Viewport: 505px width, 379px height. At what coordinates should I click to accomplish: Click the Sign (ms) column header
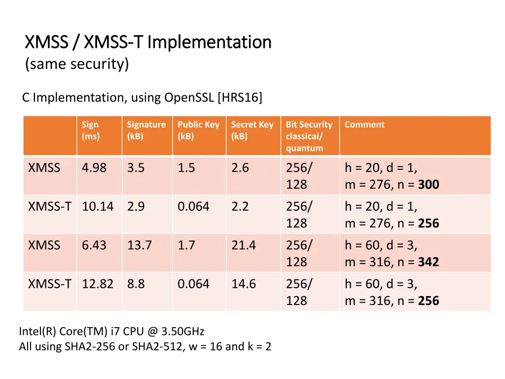tap(90, 130)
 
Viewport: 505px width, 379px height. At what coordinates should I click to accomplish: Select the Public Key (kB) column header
tap(198, 130)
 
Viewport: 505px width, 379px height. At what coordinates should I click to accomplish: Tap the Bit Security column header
tap(309, 136)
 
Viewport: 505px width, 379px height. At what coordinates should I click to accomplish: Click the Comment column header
tap(364, 125)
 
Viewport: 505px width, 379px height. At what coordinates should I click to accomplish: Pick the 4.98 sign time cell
tap(94, 168)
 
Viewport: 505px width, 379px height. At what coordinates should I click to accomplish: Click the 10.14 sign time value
tap(98, 206)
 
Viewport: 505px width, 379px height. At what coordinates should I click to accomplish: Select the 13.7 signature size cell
tap(140, 245)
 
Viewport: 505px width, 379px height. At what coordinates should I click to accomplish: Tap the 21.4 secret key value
tap(244, 245)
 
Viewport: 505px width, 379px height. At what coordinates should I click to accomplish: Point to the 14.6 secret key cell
tap(244, 284)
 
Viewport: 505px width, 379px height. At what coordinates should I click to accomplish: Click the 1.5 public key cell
tap(186, 168)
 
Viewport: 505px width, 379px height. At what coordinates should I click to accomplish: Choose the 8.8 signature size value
tap(136, 284)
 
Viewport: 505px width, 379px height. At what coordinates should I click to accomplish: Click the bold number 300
tap(429, 185)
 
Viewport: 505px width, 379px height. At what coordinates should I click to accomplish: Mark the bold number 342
tap(429, 262)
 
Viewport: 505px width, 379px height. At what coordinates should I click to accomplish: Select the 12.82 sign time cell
tap(98, 284)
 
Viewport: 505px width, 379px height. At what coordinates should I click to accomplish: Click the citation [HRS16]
tap(240, 98)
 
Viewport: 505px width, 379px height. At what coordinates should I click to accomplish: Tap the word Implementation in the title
tap(210, 42)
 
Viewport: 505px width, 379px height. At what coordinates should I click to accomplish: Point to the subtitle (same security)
tap(77, 64)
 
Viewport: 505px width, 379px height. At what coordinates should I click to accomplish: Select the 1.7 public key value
tap(186, 245)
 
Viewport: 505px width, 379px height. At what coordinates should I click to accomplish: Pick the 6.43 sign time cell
tap(94, 245)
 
